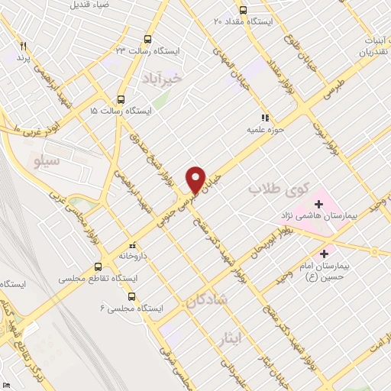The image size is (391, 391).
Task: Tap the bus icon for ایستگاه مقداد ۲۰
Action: (243, 10)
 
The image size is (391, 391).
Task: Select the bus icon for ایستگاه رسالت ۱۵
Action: (121, 99)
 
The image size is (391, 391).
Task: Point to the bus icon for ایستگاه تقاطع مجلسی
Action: (98, 267)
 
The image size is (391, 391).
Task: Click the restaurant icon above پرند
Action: (24, 46)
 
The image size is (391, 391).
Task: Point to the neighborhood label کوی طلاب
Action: (279, 188)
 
